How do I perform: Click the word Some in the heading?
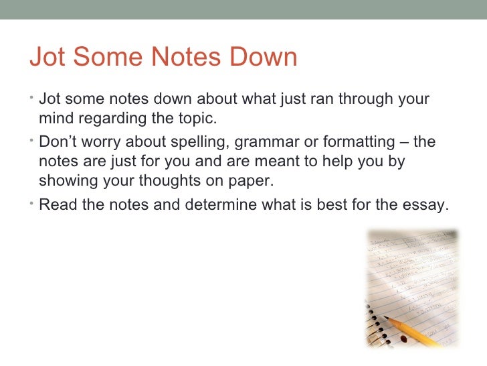pyautogui.click(x=102, y=58)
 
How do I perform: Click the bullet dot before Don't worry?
pyautogui.click(x=33, y=139)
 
